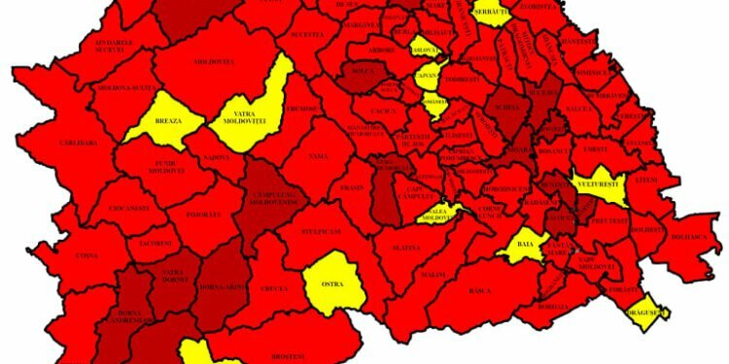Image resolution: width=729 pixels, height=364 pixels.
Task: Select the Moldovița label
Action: point(216,62)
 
